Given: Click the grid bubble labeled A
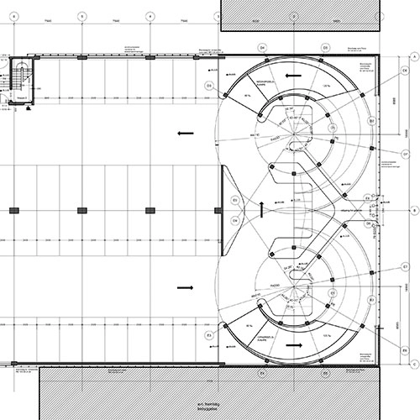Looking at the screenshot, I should tap(413, 55).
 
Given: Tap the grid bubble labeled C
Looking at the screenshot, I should tap(413, 364).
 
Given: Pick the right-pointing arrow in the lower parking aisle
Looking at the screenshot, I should tap(186, 287).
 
